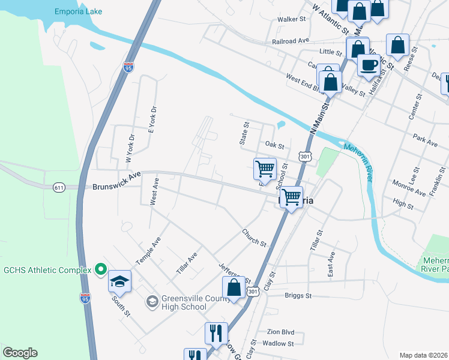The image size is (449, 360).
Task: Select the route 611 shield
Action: coord(58,188)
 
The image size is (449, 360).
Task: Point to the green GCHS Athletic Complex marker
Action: coord(101,270)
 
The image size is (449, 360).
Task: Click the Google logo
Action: coord(20,353)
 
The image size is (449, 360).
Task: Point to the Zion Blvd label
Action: coord(280,332)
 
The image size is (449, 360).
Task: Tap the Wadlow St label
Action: coord(278,344)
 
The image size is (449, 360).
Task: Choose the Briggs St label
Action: coord(298,296)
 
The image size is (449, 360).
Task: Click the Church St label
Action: coord(254,237)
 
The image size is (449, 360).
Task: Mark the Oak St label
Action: coord(274,146)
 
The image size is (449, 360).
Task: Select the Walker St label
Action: coord(292,19)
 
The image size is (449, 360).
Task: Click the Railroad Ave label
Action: coord(290,41)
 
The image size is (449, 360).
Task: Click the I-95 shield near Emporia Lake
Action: coord(128,67)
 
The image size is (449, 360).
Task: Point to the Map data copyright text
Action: coord(423,355)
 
